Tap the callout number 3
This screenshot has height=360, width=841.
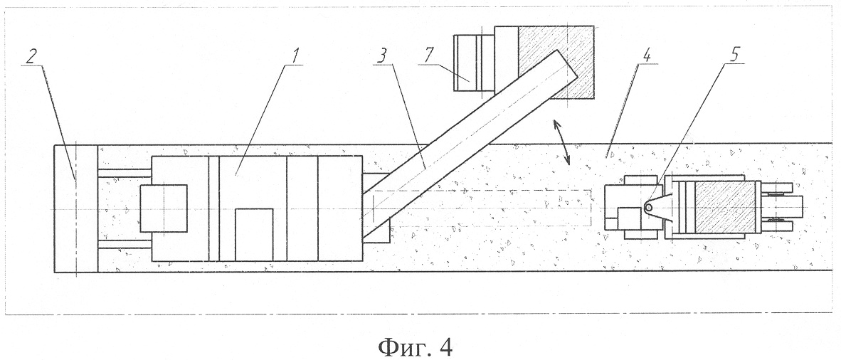pyautogui.click(x=382, y=55)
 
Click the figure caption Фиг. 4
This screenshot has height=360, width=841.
pyautogui.click(x=415, y=347)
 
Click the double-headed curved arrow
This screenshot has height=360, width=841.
pyautogui.click(x=563, y=142)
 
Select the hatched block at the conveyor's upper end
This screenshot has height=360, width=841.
pyautogui.click(x=556, y=62)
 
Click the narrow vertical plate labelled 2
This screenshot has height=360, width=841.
pyautogui.click(x=76, y=208)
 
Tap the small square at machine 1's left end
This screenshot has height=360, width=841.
pyautogui.click(x=163, y=208)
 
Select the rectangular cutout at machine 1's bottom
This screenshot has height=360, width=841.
pyautogui.click(x=254, y=235)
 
